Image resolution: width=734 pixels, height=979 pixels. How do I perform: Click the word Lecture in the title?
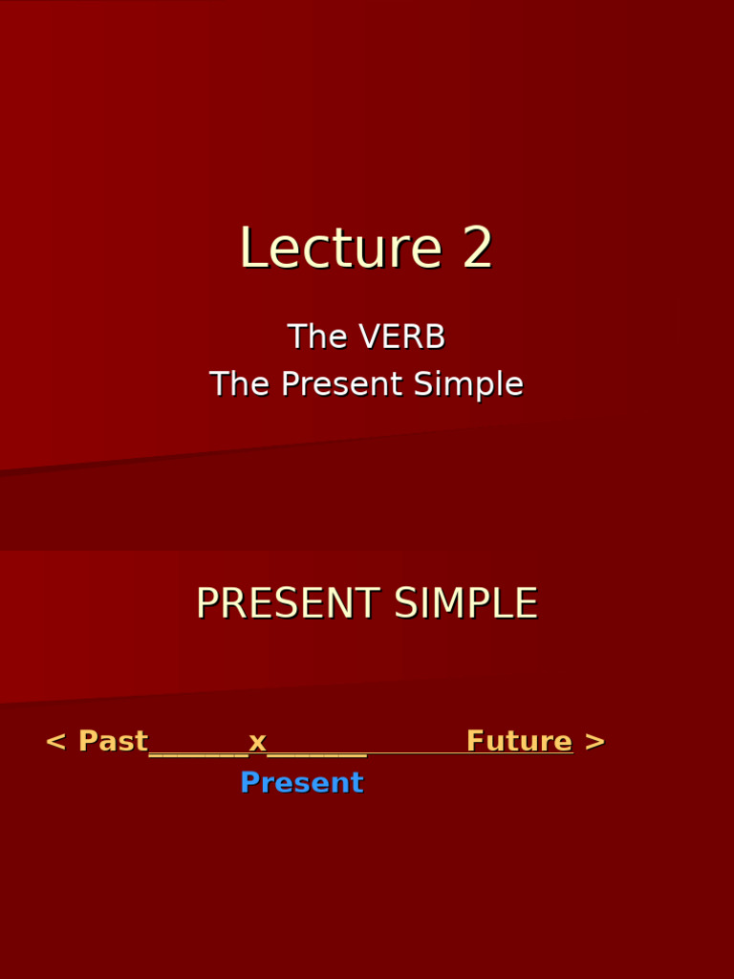click(x=340, y=249)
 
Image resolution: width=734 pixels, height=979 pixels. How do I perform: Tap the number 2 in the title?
click(x=478, y=249)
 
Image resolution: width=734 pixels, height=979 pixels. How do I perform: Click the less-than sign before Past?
click(x=55, y=742)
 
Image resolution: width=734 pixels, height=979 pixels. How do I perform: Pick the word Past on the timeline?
click(x=113, y=742)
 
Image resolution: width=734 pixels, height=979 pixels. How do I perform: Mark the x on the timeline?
click(x=257, y=742)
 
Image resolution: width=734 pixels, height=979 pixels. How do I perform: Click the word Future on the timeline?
click(x=519, y=742)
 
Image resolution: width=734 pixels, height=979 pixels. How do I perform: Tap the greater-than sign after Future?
click(x=594, y=742)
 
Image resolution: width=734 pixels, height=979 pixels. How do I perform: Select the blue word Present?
click(x=301, y=783)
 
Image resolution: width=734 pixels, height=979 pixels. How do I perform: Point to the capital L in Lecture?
click(x=250, y=249)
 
